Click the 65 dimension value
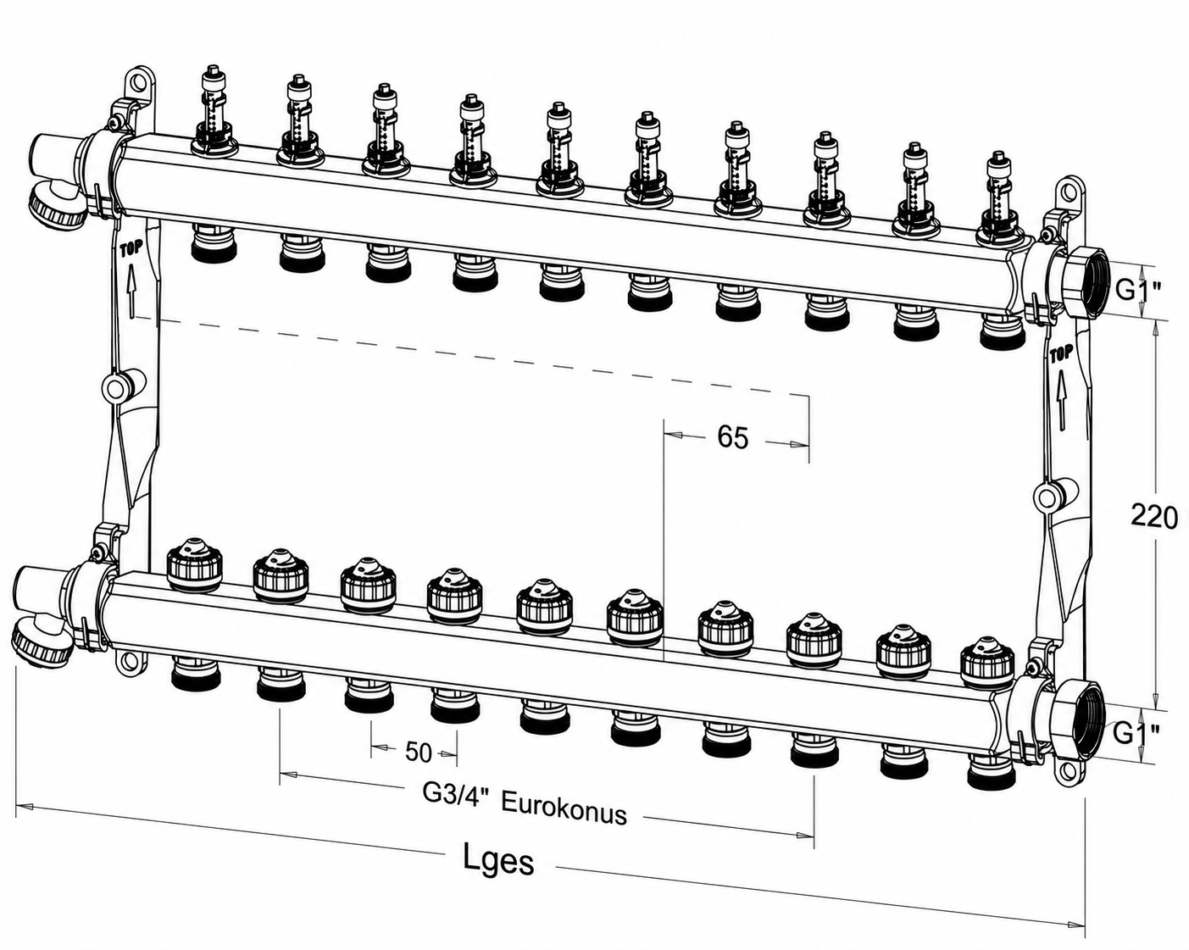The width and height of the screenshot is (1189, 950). tap(732, 437)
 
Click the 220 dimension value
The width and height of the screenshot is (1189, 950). tap(1154, 518)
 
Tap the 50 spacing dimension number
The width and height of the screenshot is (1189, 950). tap(419, 753)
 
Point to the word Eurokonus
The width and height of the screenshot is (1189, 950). tap(564, 808)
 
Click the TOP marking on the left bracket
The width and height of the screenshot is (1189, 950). tap(131, 247)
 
